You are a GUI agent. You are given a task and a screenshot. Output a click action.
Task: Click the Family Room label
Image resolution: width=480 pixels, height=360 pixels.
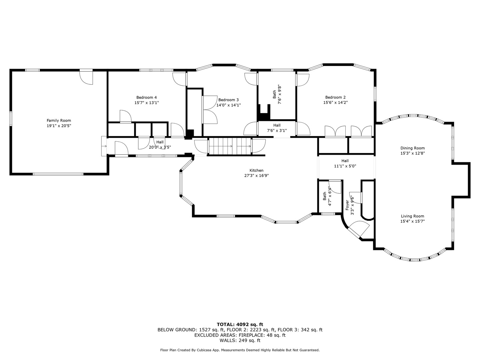pyautogui.click(x=59, y=120)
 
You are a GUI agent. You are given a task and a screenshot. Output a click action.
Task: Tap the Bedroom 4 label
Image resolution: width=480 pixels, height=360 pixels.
pyautogui.click(x=147, y=97)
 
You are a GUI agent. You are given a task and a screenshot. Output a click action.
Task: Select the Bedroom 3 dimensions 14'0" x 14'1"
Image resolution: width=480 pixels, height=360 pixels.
pyautogui.click(x=229, y=105)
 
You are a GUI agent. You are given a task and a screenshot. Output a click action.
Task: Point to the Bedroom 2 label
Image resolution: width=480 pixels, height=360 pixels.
pyautogui.click(x=335, y=97)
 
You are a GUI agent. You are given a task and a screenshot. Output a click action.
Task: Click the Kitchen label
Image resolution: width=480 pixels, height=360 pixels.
pyautogui.click(x=257, y=170)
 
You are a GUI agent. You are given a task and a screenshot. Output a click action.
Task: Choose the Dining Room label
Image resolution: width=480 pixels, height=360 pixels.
pyautogui.click(x=413, y=148)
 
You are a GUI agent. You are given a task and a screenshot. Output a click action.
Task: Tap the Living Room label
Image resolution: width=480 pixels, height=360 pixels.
pyautogui.click(x=413, y=216)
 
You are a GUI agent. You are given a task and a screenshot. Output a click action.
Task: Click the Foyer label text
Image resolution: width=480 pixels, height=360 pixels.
pyautogui.click(x=347, y=205)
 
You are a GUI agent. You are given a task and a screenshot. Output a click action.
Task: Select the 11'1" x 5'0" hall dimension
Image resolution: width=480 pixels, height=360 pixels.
pyautogui.click(x=345, y=166)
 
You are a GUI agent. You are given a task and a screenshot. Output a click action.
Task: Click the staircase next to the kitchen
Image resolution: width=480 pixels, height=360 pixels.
pyautogui.click(x=230, y=146)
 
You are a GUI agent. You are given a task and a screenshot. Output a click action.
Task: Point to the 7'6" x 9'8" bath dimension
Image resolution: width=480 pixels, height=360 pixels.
pyautogui.click(x=279, y=94)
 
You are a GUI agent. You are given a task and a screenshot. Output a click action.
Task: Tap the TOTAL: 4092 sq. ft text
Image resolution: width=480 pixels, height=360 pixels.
pyautogui.click(x=240, y=324)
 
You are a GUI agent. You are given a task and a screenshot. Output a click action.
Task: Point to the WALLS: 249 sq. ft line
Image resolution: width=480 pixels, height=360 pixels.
pyautogui.click(x=240, y=340)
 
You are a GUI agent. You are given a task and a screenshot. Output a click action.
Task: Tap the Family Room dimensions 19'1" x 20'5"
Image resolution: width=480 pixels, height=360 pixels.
pyautogui.click(x=59, y=126)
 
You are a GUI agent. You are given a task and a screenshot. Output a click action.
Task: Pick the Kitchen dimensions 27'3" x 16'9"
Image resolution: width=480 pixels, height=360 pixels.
pyautogui.click(x=257, y=176)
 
